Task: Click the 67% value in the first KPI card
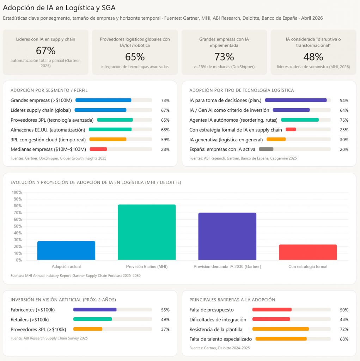coord(45,51)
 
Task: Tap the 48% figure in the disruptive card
coord(313,57)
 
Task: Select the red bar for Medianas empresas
coord(98,149)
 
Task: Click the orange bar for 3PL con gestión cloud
coord(108,139)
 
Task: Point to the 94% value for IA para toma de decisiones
coord(344,100)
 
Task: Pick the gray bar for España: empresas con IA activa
coord(266,149)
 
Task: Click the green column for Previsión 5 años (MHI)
coord(147,232)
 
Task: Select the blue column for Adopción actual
coord(66,251)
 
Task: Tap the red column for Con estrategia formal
coord(307,252)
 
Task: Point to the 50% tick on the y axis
coord(17,226)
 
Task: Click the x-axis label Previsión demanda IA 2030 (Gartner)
coord(227,267)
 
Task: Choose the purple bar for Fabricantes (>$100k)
coord(95,310)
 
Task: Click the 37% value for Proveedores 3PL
coord(165,329)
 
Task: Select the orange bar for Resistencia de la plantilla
coord(281,329)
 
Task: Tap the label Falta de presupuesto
coord(212,310)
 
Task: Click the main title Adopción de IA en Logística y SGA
coord(59,7)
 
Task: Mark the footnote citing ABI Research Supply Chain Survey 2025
coord(49,338)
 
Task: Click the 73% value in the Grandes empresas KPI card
coord(224,57)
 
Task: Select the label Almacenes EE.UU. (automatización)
coord(48,130)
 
